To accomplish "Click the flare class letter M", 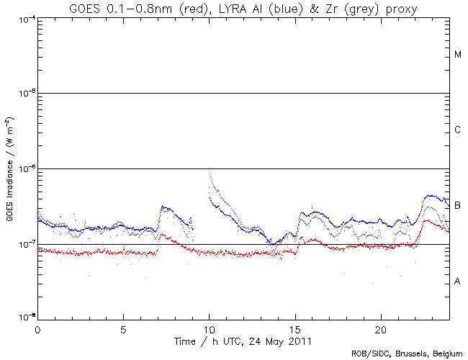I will [457, 55].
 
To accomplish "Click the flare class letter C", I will [457, 130].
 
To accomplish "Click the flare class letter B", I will [457, 206].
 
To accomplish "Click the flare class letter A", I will [457, 282].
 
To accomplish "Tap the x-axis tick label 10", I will [209, 328].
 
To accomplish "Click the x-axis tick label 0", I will [37, 328].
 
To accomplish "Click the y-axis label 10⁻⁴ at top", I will [26, 19].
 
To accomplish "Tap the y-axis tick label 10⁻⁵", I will [26, 94].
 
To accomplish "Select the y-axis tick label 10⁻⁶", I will [26, 169].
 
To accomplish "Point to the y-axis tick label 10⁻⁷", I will [26, 245].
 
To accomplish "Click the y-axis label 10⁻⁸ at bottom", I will [26, 318].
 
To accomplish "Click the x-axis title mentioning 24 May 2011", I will [243, 339].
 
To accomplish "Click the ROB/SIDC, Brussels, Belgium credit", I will [407, 353].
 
